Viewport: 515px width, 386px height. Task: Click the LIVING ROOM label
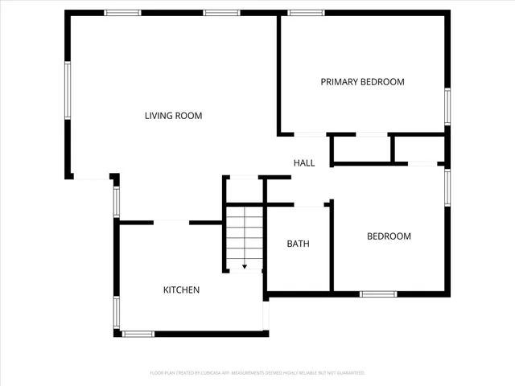click(x=173, y=116)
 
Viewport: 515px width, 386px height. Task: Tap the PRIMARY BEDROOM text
click(x=362, y=82)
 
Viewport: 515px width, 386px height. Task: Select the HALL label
click(x=304, y=163)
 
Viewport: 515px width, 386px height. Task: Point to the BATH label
click(x=298, y=244)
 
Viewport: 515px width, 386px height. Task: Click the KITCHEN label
click(x=181, y=290)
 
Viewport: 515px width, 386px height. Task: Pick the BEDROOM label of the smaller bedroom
click(x=389, y=236)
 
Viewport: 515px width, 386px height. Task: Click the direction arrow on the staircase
click(x=245, y=265)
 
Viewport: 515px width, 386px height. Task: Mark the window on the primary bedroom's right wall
click(x=447, y=106)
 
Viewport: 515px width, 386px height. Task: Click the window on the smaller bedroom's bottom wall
click(x=378, y=294)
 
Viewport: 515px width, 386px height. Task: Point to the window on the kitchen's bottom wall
click(x=138, y=333)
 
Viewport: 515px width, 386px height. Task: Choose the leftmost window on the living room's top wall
click(x=123, y=13)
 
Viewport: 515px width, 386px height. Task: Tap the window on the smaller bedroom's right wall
click(x=447, y=187)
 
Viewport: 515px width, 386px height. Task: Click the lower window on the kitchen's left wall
click(x=117, y=312)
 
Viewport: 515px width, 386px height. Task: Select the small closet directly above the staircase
click(x=245, y=190)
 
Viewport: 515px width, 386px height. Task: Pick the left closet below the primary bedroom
click(x=361, y=150)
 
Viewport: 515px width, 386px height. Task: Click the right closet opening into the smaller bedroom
click(x=418, y=150)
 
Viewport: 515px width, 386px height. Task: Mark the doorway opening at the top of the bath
click(x=308, y=206)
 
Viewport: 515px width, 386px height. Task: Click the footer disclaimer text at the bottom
click(x=257, y=373)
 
